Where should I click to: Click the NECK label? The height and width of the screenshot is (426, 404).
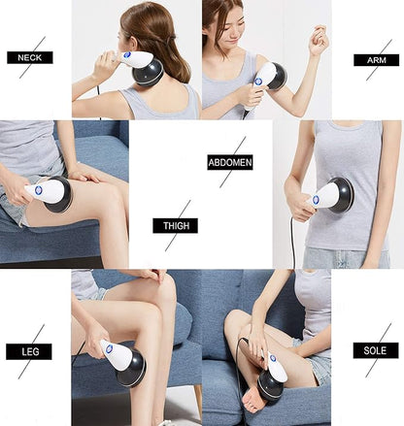pyautogui.click(x=29, y=57)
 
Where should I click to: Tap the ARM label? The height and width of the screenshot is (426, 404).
pyautogui.click(x=376, y=59)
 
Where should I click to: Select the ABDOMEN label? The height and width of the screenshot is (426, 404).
pyautogui.click(x=229, y=163)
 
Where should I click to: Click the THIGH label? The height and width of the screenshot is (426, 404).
pyautogui.click(x=175, y=226)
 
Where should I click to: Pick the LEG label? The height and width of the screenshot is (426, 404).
pyautogui.click(x=29, y=351)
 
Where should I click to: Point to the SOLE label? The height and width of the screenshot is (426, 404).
pyautogui.click(x=375, y=349)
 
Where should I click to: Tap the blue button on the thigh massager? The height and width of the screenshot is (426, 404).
pyautogui.click(x=40, y=193)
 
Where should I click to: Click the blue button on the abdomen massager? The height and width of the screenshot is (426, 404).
pyautogui.click(x=316, y=199)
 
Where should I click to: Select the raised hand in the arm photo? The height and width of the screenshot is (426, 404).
pyautogui.click(x=317, y=41)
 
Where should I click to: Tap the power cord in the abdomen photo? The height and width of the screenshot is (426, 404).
pyautogui.click(x=293, y=243)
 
